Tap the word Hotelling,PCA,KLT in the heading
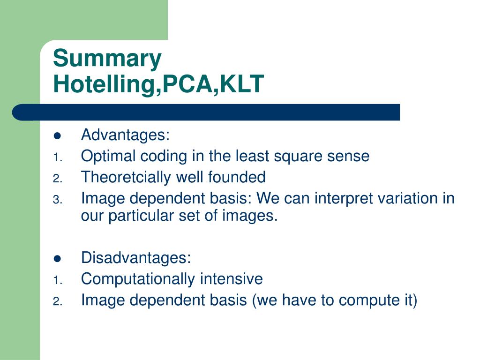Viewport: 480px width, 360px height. (x=158, y=83)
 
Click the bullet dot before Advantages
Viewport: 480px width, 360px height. (x=57, y=135)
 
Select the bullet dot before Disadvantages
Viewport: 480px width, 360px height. (x=57, y=258)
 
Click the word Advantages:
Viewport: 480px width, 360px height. (x=125, y=135)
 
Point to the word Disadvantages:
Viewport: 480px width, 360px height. (x=136, y=257)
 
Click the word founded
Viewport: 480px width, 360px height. (x=237, y=177)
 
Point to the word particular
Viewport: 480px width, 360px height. (x=141, y=216)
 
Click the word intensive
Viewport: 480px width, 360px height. (x=232, y=279)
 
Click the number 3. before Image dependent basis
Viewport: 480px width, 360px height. (x=58, y=200)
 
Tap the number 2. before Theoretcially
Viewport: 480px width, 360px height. (x=58, y=179)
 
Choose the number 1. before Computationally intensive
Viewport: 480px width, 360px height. (x=58, y=280)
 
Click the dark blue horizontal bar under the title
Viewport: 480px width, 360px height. (x=206, y=112)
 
